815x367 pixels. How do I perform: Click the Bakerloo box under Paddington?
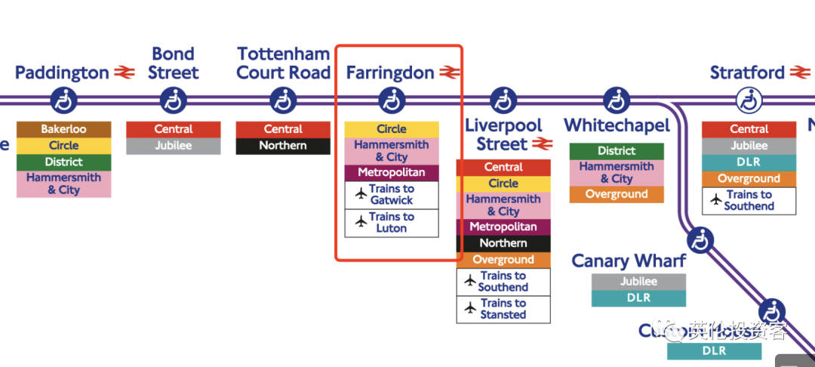[64, 129]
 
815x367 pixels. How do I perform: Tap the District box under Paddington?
[64, 162]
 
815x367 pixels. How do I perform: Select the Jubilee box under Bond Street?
[174, 146]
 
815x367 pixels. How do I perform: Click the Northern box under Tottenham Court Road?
[283, 146]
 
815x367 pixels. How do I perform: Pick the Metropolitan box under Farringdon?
[392, 173]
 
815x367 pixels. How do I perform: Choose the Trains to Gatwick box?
[392, 195]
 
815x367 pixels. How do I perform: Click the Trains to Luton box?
[392, 223]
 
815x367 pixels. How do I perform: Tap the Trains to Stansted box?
[503, 309]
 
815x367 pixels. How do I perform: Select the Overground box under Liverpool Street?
[503, 260]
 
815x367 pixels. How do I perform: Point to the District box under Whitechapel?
[617, 151]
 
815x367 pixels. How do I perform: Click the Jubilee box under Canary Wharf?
[638, 282]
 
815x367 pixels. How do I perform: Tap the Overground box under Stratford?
[749, 179]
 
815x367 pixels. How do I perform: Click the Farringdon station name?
[390, 73]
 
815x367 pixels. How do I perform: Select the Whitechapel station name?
[617, 125]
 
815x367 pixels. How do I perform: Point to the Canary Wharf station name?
[629, 261]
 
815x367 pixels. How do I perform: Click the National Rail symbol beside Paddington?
[125, 73]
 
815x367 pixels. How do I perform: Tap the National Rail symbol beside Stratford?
[800, 73]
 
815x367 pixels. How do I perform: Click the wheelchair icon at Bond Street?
[174, 100]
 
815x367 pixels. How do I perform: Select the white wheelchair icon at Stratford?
[749, 100]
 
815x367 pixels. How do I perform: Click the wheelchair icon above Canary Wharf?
[701, 241]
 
